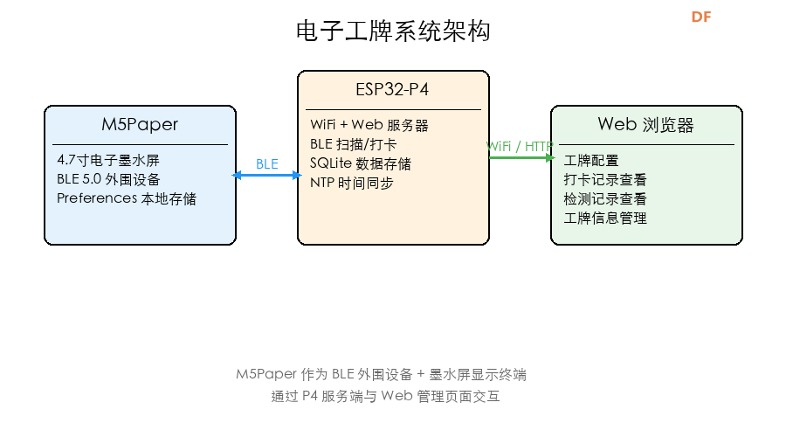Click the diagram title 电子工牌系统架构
(x=393, y=31)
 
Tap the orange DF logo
(x=701, y=17)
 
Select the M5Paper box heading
(x=140, y=124)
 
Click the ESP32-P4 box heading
(x=392, y=90)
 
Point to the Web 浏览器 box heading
(x=645, y=124)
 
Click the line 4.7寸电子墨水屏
(x=107, y=160)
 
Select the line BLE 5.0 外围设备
(x=114, y=179)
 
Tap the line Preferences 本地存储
(x=127, y=198)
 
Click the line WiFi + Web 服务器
(x=369, y=126)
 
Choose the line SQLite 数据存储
(x=361, y=163)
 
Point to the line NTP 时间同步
(x=352, y=183)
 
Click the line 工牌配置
(x=591, y=160)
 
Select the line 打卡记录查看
(x=605, y=179)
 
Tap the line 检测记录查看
(x=605, y=198)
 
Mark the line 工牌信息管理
(x=605, y=218)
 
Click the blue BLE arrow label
(x=267, y=163)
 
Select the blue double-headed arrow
(x=266, y=176)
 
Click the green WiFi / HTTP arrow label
(x=520, y=146)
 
